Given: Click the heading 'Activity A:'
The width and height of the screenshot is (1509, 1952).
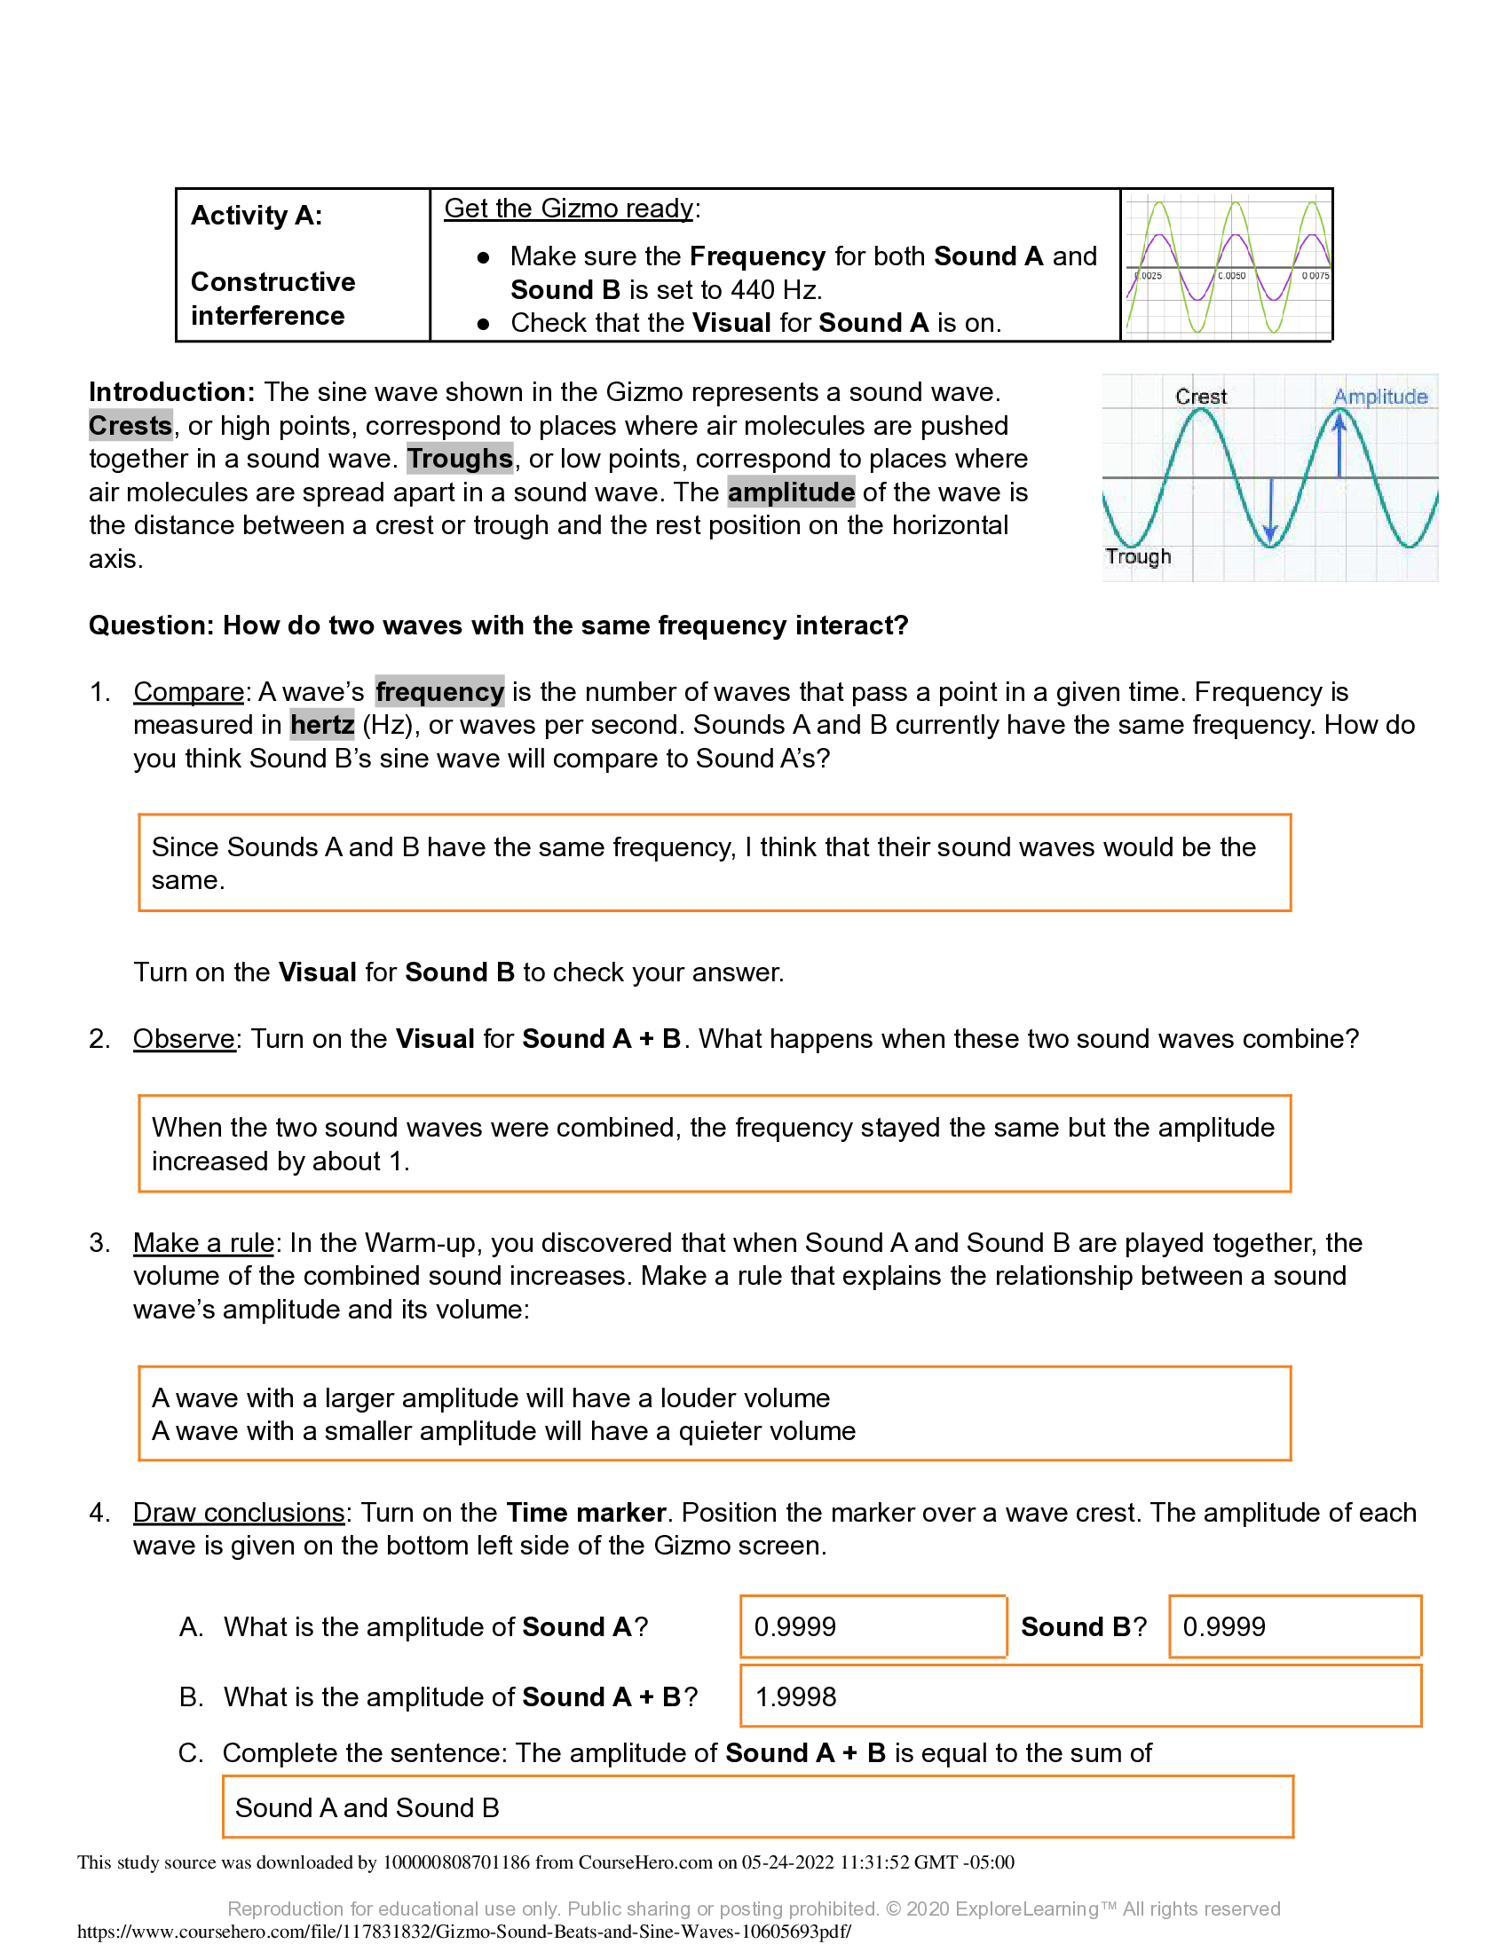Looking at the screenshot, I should (x=257, y=216).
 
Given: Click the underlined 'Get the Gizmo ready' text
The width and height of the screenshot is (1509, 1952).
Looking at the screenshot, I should (x=569, y=209).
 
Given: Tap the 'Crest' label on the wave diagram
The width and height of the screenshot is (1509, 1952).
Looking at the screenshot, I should (x=1200, y=396).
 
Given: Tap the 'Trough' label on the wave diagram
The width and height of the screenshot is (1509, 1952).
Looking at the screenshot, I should (x=1137, y=556).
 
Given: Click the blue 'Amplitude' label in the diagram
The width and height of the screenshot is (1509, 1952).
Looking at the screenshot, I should (x=1379, y=396).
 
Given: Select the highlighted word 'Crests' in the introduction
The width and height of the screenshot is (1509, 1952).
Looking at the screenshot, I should (x=130, y=425).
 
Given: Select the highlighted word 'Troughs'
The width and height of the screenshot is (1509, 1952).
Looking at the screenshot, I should (x=460, y=459).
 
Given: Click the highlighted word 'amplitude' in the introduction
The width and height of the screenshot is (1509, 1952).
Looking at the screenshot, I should (x=790, y=492).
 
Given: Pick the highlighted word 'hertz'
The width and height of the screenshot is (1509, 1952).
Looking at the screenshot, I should (x=322, y=725).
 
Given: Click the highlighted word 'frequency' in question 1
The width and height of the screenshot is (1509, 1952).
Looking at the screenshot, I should (x=438, y=692).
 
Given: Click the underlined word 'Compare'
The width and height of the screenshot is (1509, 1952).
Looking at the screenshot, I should (x=188, y=692).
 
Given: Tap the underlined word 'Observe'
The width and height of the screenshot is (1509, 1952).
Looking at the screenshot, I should (x=184, y=1039).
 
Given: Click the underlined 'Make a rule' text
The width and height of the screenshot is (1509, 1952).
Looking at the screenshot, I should (x=204, y=1243).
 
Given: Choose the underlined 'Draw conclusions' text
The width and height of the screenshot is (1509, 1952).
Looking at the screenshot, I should (x=239, y=1512).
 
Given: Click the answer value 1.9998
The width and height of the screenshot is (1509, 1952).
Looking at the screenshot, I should (x=795, y=1696).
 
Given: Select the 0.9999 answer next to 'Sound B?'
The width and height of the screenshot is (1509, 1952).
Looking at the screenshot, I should (x=1224, y=1626).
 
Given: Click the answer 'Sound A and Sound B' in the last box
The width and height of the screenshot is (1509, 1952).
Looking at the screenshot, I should (x=367, y=1807).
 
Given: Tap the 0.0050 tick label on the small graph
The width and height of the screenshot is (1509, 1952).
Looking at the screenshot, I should (x=1231, y=276).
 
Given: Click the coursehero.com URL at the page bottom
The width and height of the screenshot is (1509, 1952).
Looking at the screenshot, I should (x=464, y=1932).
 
